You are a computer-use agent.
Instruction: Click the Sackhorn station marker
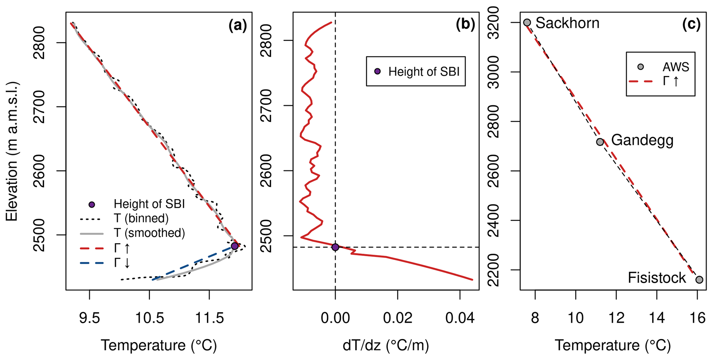tap(527, 22)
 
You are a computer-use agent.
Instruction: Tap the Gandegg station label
tap(642, 140)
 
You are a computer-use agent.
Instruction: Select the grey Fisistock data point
tap(699, 280)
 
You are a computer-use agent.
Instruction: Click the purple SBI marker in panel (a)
tap(235, 246)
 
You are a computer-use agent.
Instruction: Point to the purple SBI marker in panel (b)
tap(335, 247)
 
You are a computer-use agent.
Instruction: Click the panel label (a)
tap(238, 26)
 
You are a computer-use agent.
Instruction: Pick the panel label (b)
tap(465, 25)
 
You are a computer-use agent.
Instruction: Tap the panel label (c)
tap(692, 25)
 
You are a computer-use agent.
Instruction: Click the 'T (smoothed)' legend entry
tap(149, 233)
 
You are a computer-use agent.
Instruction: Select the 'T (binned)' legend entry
tap(141, 218)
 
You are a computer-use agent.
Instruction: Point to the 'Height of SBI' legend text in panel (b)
tap(424, 71)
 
